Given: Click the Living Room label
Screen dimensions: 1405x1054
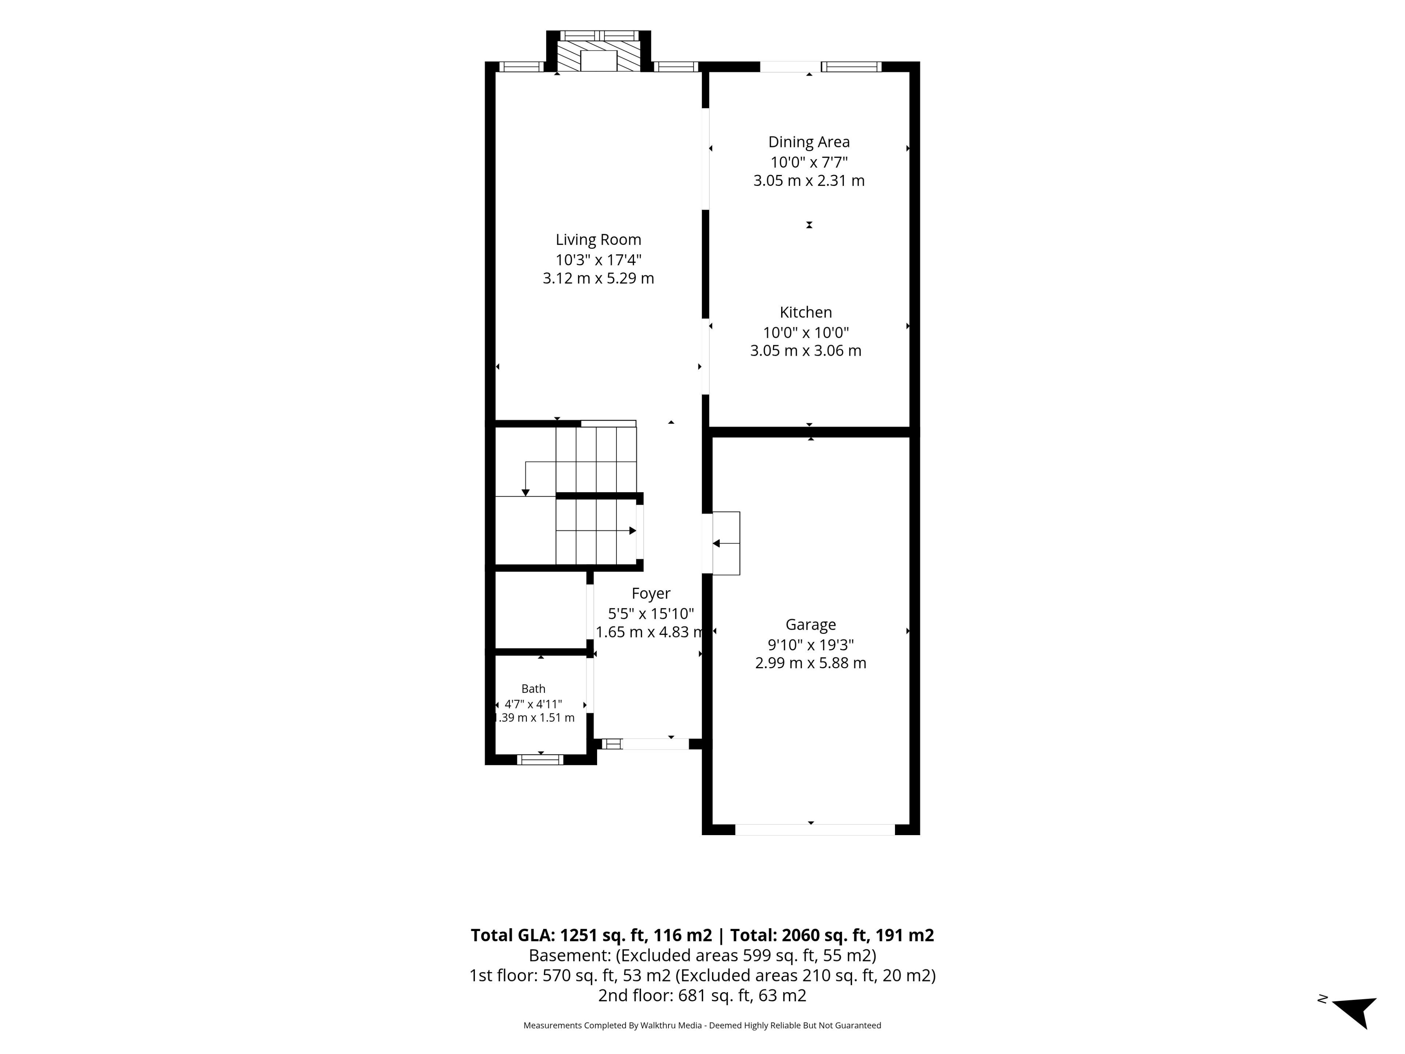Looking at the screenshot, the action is pyautogui.click(x=598, y=239).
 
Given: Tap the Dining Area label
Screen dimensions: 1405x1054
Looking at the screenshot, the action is pyautogui.click(x=809, y=142).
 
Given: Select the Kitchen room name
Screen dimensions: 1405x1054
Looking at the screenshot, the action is pyautogui.click(x=805, y=312).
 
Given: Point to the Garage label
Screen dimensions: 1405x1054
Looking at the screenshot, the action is pyautogui.click(x=810, y=624).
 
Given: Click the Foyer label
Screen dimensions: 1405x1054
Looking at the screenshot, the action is pyautogui.click(x=651, y=593).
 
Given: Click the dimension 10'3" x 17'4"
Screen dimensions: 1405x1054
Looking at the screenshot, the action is pyautogui.click(x=598, y=259).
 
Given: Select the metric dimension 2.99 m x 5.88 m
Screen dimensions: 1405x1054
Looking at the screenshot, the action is pyautogui.click(x=810, y=663).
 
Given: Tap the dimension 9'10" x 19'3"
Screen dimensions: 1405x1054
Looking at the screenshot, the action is pyautogui.click(x=810, y=644).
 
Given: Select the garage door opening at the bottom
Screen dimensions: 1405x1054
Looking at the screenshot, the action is pyautogui.click(x=815, y=830).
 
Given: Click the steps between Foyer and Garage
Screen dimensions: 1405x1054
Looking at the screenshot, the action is pyautogui.click(x=726, y=543).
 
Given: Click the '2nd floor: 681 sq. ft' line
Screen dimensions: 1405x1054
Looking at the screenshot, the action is pyautogui.click(x=702, y=995).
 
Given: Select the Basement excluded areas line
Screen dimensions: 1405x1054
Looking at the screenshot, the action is pyautogui.click(x=702, y=956).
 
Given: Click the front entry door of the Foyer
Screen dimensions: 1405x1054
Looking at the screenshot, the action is pyautogui.click(x=655, y=744).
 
